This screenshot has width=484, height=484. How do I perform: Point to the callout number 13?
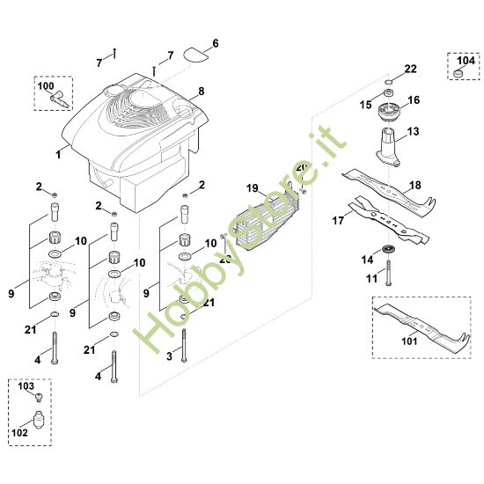tap(414, 130)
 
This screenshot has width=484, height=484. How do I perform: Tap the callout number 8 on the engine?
tap(202, 91)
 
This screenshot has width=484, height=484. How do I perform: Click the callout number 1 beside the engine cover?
tap(58, 153)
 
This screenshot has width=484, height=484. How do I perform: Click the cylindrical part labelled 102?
tap(37, 418)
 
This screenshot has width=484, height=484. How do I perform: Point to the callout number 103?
tap(25, 386)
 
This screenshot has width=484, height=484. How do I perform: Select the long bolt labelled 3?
tap(184, 344)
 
